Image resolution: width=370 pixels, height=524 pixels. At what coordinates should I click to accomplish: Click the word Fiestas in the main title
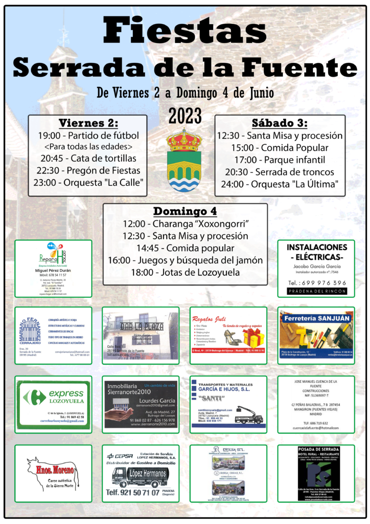(184, 32)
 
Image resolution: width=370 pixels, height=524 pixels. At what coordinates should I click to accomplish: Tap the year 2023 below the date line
(184, 116)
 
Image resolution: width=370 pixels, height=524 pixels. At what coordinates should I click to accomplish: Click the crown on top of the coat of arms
(184, 140)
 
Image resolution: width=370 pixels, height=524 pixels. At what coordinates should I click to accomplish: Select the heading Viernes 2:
(88, 123)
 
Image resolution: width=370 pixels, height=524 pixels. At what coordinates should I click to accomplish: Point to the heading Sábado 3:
(280, 123)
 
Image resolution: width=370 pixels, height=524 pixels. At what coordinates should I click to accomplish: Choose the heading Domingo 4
(185, 211)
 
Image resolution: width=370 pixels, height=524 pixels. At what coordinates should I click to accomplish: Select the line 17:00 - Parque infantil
(280, 160)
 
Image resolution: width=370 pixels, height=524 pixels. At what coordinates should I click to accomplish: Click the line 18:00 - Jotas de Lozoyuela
(185, 272)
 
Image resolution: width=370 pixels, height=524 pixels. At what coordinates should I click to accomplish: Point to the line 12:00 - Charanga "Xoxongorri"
(185, 224)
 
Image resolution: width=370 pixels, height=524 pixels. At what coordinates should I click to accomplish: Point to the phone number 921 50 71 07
(140, 493)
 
